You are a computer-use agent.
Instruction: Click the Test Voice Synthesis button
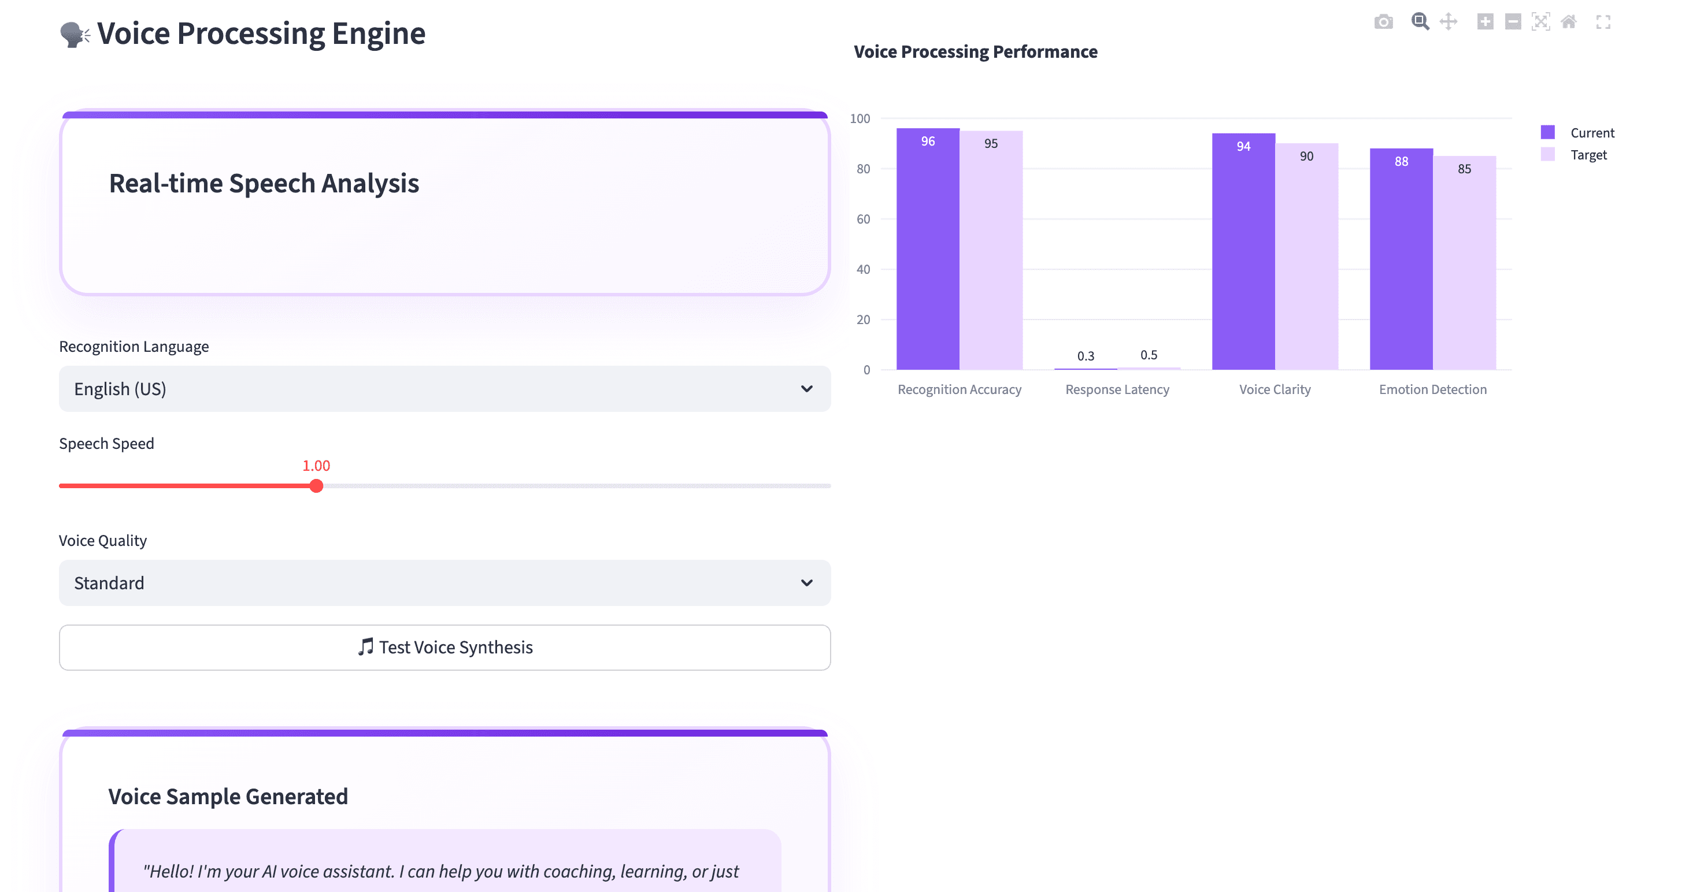tap(444, 648)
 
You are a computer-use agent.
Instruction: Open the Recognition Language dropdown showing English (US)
tap(444, 389)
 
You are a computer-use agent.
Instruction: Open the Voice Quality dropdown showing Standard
tap(444, 583)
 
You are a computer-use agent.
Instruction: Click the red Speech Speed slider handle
tap(316, 486)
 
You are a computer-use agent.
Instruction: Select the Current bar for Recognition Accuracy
tap(927, 251)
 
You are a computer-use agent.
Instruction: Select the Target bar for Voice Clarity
tap(1306, 258)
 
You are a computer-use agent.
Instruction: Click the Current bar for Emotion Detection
tap(1401, 261)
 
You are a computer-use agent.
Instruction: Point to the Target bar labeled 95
tap(991, 251)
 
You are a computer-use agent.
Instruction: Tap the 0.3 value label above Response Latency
tap(1086, 356)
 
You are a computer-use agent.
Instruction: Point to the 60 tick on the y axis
tap(863, 219)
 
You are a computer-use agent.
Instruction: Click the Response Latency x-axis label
tap(1117, 389)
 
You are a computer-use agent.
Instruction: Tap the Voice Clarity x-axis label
tap(1275, 389)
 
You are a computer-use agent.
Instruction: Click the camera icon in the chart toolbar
tap(1383, 22)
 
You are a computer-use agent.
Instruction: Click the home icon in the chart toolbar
tap(1568, 22)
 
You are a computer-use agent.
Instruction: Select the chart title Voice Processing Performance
tap(975, 51)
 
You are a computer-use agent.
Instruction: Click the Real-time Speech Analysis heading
tap(264, 183)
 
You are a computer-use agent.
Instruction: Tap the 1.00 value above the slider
tap(316, 466)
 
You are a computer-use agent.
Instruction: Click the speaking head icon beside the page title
tap(74, 35)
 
